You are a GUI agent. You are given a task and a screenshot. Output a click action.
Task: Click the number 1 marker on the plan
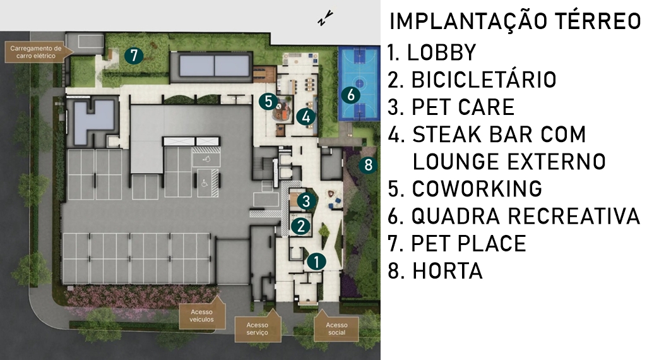click(316, 261)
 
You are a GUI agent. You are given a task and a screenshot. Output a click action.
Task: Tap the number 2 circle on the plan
click(301, 226)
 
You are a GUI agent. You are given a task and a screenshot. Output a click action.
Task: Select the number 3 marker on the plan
click(306, 201)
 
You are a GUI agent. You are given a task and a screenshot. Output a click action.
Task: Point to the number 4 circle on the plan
click(306, 116)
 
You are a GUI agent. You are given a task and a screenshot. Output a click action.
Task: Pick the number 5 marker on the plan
click(269, 101)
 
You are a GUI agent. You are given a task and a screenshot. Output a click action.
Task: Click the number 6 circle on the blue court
click(351, 95)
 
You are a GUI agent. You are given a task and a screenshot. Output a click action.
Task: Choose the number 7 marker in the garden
click(134, 55)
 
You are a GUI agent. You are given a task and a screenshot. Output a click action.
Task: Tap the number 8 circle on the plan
click(368, 165)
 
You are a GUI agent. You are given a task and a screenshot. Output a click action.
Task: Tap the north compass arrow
click(325, 18)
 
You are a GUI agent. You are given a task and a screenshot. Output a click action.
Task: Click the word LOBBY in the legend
click(441, 52)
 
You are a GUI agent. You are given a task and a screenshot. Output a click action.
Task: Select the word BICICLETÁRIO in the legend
click(484, 80)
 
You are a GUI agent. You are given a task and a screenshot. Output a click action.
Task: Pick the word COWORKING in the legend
click(477, 189)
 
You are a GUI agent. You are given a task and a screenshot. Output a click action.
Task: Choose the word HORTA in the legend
click(448, 271)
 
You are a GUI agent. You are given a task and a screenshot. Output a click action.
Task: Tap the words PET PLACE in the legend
click(468, 243)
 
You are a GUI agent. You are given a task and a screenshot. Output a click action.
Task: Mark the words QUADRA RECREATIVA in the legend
click(526, 216)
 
